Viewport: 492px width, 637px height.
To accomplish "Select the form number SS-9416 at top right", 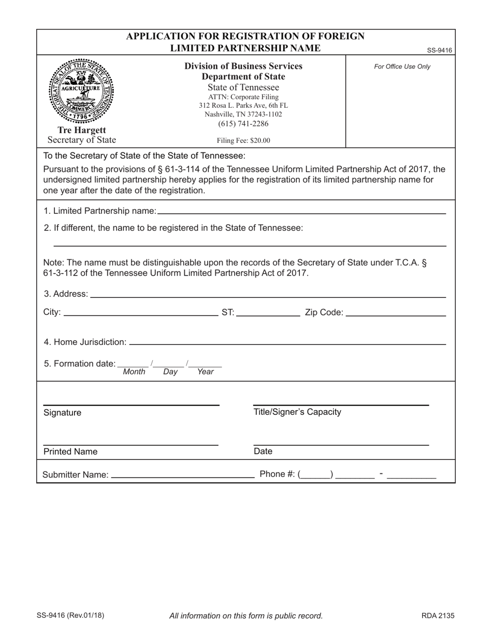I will click(x=440, y=50).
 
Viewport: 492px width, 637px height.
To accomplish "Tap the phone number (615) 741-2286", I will click(x=243, y=123).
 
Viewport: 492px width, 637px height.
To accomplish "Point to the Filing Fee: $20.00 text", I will click(x=243, y=140).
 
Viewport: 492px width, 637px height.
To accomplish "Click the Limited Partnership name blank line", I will click(x=301, y=212).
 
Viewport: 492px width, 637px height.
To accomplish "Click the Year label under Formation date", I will click(x=205, y=372).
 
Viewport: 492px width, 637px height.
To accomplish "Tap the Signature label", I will click(x=62, y=413).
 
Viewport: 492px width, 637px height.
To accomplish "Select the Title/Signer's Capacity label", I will click(x=297, y=412).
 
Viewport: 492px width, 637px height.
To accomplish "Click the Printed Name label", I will click(x=70, y=452).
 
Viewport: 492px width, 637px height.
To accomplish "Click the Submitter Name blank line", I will click(x=182, y=475).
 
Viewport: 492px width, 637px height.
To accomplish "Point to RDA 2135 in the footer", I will click(x=438, y=616).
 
